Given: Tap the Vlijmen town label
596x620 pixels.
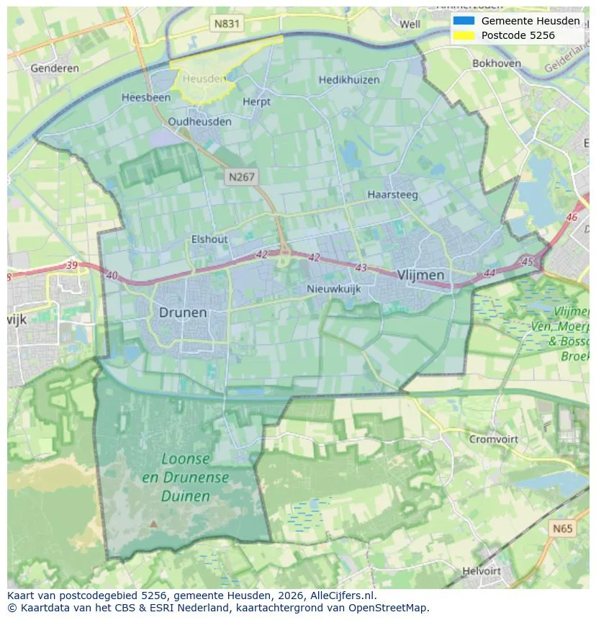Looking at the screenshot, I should (x=420, y=275).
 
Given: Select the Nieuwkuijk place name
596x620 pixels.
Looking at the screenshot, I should (x=333, y=289).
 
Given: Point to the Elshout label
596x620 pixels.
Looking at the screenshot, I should (x=209, y=239).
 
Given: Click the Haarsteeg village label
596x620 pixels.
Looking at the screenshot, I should (x=392, y=194).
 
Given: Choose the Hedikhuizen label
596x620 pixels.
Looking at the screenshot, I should (x=349, y=80).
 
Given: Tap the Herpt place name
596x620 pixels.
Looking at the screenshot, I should (x=257, y=102).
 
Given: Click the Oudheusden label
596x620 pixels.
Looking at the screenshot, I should (x=200, y=122).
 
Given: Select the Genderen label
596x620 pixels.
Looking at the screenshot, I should (x=55, y=68).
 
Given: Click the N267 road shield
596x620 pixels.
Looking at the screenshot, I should (x=242, y=176).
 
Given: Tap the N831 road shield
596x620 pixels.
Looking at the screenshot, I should (x=227, y=24).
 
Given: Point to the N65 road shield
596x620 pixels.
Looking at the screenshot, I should (x=563, y=529).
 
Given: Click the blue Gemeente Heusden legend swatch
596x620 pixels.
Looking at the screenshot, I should (x=464, y=21).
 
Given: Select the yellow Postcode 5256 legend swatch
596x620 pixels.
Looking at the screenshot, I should (x=464, y=35).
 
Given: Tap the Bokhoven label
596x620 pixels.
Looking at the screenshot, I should (x=497, y=63).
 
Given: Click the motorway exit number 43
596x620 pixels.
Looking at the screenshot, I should (x=361, y=268).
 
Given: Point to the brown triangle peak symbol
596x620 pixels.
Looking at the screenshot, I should (x=153, y=524).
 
